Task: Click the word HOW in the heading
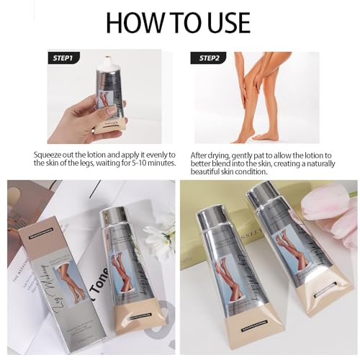pos(136,21)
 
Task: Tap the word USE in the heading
pos(228,21)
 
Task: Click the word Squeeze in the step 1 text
pos(50,154)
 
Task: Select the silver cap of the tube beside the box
pos(114,220)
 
